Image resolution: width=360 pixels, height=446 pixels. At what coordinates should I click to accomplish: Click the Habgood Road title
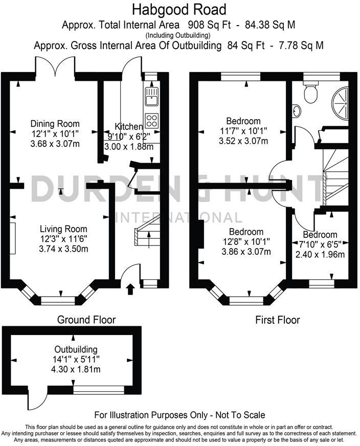(179, 9)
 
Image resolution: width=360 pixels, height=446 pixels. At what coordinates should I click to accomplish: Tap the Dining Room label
(55, 123)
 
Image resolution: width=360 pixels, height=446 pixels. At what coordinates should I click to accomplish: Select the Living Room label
(64, 229)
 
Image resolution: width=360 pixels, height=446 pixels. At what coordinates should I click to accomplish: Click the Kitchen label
(128, 127)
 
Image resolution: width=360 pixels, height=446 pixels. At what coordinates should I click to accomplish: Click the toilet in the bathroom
(310, 92)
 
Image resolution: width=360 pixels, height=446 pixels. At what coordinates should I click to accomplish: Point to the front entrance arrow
(129, 289)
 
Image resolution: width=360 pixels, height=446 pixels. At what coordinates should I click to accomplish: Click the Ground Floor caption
(86, 320)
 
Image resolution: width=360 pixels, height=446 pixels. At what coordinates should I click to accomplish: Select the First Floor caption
(278, 320)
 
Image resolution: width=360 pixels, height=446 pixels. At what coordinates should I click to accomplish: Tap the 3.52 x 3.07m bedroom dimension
(243, 142)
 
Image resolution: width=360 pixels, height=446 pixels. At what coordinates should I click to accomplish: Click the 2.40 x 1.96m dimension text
(319, 254)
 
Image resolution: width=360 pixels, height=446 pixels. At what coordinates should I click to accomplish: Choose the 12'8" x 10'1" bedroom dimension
(246, 241)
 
